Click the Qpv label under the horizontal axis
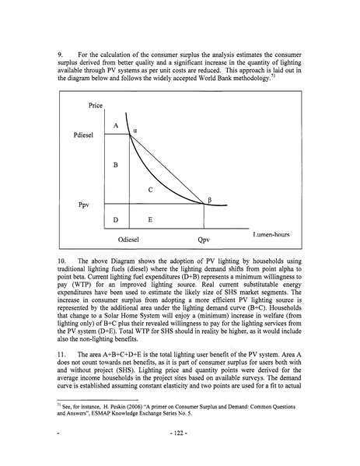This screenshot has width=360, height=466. (x=204, y=240)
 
